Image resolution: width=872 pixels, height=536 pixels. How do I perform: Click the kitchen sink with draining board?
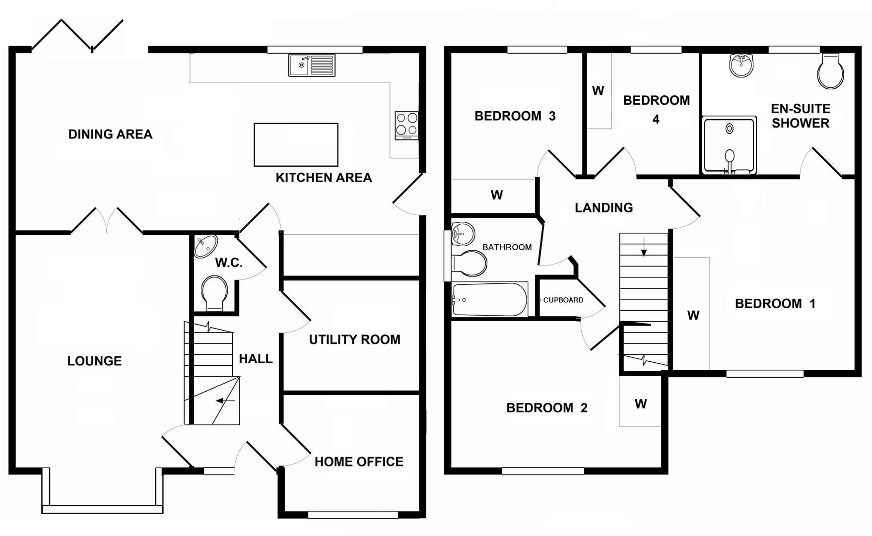[312, 65]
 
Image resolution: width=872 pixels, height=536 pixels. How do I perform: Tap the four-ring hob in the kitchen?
[406, 125]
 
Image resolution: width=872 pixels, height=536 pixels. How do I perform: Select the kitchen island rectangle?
[296, 144]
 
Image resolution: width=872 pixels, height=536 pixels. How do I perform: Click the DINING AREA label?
[110, 134]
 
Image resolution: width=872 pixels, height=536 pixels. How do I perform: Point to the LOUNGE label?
[94, 361]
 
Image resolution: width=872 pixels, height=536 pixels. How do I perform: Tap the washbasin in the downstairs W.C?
[205, 246]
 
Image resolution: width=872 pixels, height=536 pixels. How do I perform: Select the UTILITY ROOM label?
[354, 339]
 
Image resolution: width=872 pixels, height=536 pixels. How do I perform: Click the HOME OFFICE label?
[359, 462]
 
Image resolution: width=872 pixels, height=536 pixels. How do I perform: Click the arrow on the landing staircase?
[644, 247]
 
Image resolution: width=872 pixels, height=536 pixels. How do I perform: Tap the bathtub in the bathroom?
[489, 299]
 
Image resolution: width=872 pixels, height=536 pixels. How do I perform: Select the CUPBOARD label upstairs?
[563, 300]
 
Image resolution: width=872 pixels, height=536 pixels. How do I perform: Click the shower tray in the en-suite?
[729, 145]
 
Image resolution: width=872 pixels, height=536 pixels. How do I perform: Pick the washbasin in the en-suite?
[741, 65]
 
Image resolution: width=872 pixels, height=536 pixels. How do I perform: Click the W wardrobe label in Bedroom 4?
[598, 91]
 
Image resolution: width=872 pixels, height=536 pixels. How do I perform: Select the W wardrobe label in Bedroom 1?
[693, 315]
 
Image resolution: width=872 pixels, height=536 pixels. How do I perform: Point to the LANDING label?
[604, 207]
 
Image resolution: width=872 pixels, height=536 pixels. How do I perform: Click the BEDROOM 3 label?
[515, 116]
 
